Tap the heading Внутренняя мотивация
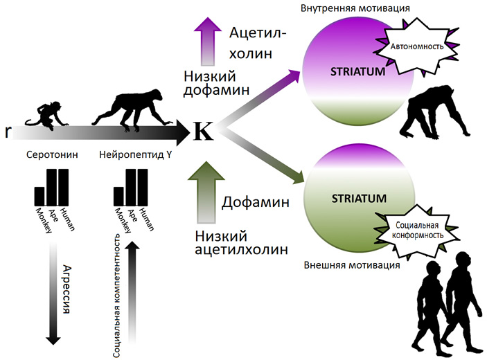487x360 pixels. tap(346, 8)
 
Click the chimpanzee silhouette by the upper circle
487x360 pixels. tap(433, 113)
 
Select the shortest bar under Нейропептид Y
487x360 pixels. tap(121, 197)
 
